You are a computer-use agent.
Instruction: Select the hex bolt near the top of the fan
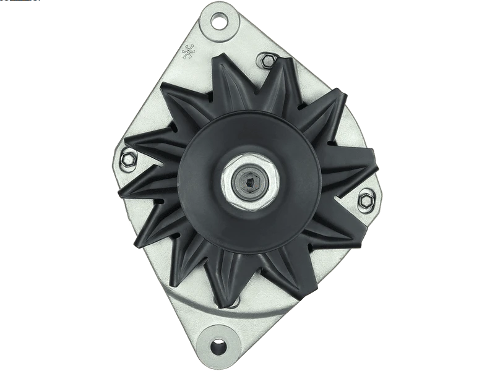click(x=268, y=61)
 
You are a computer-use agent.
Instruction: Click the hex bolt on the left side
click(x=129, y=158)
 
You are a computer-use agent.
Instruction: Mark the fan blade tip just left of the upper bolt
click(x=217, y=58)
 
